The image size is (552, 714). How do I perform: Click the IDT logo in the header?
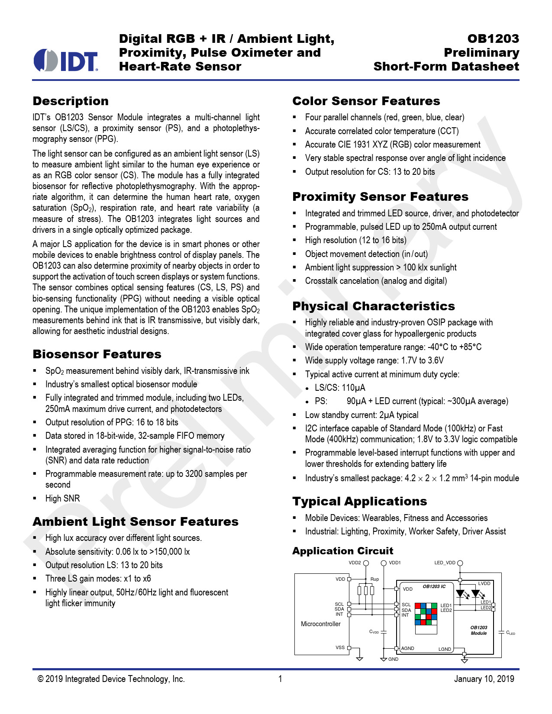(66, 61)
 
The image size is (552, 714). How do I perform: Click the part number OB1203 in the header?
(493, 39)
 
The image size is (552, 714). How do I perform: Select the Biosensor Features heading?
(97, 354)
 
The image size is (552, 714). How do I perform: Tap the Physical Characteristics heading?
(374, 306)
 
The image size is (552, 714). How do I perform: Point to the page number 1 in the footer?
(280, 679)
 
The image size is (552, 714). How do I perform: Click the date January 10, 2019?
(484, 679)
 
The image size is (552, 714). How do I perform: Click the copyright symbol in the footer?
(40, 679)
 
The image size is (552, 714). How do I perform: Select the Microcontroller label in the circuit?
(320, 624)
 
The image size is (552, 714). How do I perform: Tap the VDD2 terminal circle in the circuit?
(366, 563)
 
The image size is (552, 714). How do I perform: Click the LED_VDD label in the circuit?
(445, 563)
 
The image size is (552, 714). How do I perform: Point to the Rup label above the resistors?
(374, 579)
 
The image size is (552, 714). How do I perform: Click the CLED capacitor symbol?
(501, 632)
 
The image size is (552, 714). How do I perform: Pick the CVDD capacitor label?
(374, 632)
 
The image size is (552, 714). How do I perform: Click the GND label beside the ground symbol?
(393, 659)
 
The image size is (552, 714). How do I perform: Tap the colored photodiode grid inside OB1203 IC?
(426, 614)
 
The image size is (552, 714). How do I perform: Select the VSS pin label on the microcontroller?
(340, 647)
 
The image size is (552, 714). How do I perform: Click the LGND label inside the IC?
(445, 649)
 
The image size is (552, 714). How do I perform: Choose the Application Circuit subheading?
(342, 551)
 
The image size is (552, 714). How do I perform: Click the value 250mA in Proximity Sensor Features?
(434, 227)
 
